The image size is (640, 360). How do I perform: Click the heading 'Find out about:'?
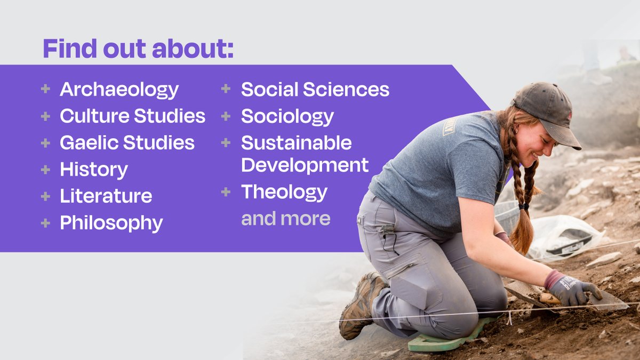point(138,49)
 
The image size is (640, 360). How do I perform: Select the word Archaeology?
point(119,90)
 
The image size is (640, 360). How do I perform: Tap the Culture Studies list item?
point(132,116)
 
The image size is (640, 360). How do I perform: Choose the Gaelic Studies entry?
point(127,143)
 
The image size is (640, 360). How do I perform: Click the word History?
point(94,170)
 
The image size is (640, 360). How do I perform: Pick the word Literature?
point(106,196)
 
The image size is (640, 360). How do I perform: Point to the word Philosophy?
point(111,223)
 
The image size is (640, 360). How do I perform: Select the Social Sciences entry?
point(315,90)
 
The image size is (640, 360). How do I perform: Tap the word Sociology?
point(287,116)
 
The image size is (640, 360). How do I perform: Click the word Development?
point(305,165)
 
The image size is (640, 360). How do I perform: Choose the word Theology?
point(284,192)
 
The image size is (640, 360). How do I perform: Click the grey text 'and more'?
point(285,219)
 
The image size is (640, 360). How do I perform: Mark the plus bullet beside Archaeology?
point(45,89)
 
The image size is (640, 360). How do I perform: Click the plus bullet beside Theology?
point(226,191)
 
